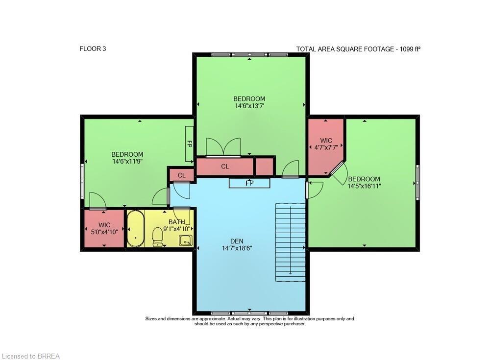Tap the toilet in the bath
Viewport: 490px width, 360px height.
(158, 237)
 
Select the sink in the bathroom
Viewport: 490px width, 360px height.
(185, 240)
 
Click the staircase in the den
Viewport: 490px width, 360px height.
(291, 242)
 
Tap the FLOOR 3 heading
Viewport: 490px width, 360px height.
(93, 48)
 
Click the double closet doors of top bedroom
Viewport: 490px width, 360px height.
(223, 147)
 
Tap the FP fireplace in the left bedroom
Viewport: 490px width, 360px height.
(189, 144)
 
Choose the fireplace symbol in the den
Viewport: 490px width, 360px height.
(249, 183)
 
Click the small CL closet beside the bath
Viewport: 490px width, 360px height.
(181, 175)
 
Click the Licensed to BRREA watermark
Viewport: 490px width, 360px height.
(31, 356)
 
